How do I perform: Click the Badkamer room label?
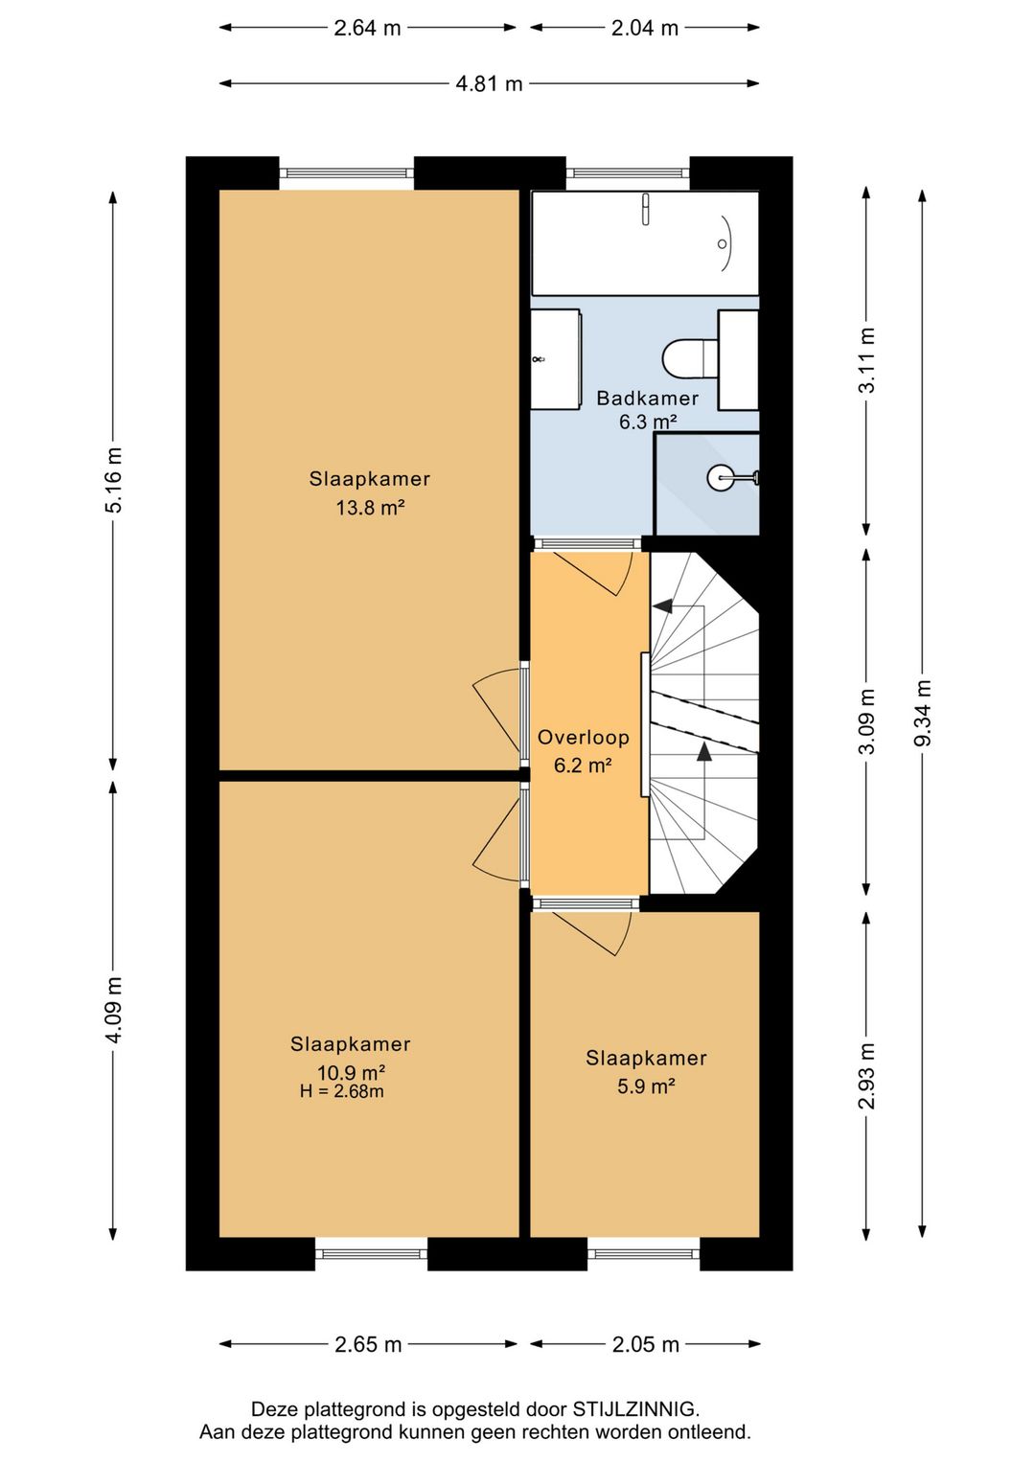point(647,399)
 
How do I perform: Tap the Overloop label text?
point(583,738)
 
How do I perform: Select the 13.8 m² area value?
point(370,507)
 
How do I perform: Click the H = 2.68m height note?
point(341,1090)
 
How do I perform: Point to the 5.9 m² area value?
point(646,1086)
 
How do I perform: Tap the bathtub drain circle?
point(722,243)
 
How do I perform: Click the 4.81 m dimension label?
point(489,83)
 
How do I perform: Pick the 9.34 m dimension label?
point(923,713)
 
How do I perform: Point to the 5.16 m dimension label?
point(114,480)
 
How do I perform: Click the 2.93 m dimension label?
point(866,1075)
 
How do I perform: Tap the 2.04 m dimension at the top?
point(645,28)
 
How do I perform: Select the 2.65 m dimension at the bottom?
point(368,1344)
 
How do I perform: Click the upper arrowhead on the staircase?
point(663,605)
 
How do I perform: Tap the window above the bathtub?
point(628,173)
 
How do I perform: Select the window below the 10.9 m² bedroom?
point(371,1253)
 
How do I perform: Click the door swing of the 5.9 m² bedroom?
point(592,933)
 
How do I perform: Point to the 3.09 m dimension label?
point(866,720)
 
